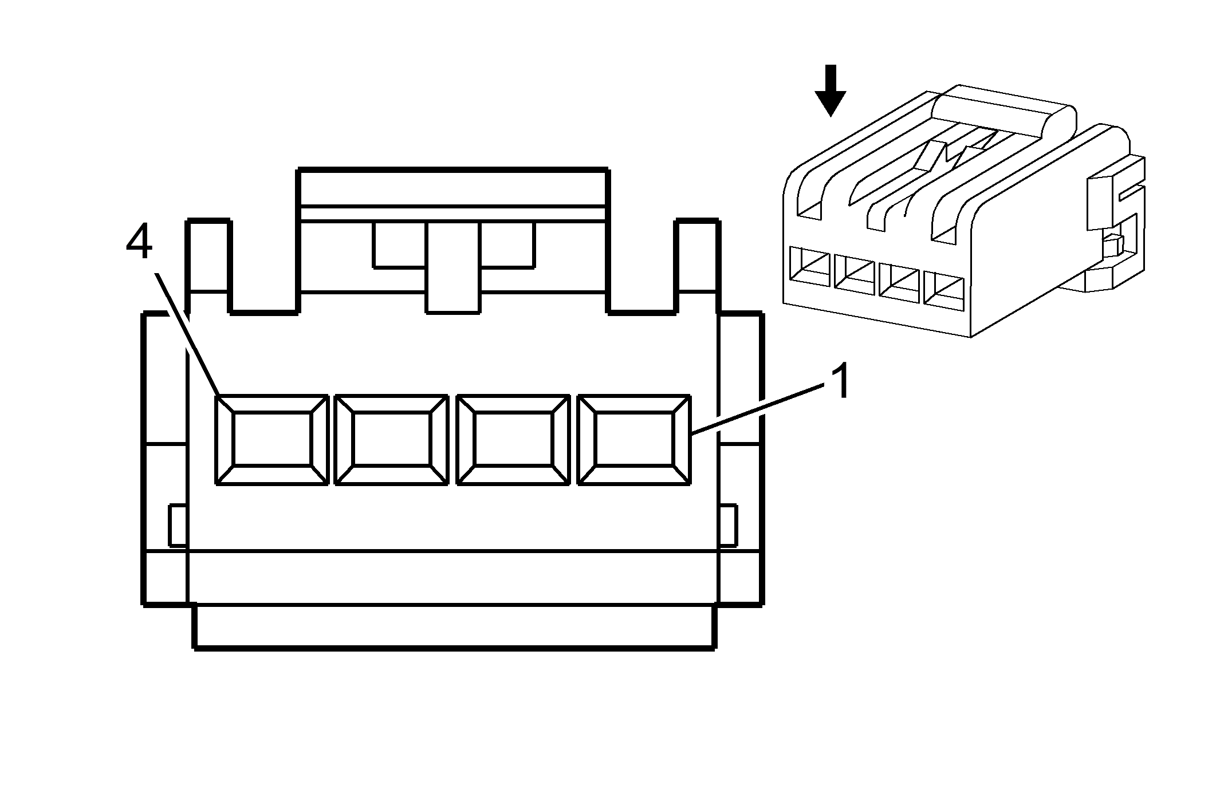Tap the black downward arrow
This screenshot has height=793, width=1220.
(x=830, y=90)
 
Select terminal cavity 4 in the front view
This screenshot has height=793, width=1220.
(x=272, y=440)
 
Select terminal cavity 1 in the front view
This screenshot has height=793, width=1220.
(x=635, y=440)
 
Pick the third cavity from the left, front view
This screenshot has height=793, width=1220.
(x=513, y=440)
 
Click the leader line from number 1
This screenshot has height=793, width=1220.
(x=758, y=410)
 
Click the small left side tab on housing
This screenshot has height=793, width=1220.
(x=178, y=526)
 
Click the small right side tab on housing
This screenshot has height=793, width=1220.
(x=728, y=526)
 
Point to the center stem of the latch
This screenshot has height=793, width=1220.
(x=452, y=267)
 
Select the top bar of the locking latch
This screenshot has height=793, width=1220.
(x=452, y=188)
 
